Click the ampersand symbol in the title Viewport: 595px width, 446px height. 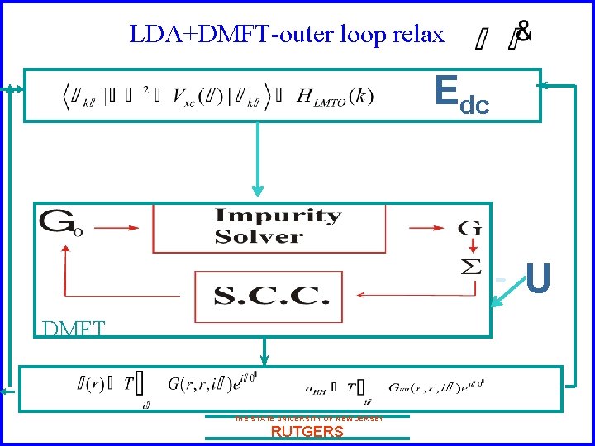pyautogui.click(x=523, y=30)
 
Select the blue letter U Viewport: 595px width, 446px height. pyautogui.click(x=538, y=279)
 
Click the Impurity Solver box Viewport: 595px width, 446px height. pyautogui.click(x=278, y=226)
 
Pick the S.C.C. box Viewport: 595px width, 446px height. pyautogui.click(x=269, y=296)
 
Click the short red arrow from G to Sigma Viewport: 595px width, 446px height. pyautogui.click(x=473, y=247)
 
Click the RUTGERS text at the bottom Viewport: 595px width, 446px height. pyautogui.click(x=307, y=432)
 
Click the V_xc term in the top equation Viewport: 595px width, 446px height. pyautogui.click(x=193, y=96)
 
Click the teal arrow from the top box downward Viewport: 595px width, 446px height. pyautogui.click(x=259, y=161)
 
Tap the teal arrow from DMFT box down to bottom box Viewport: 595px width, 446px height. pyautogui.click(x=264, y=351)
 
